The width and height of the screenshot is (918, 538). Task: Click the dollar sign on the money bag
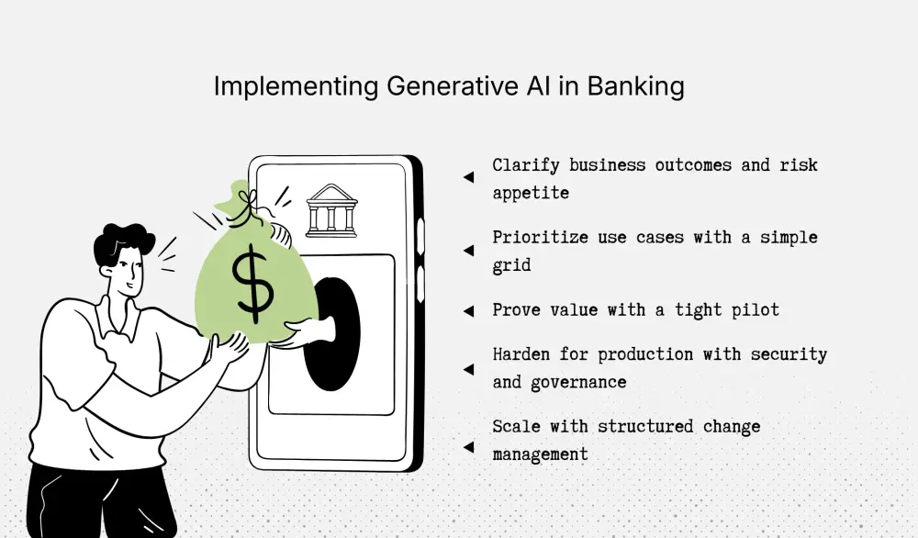[x=252, y=281]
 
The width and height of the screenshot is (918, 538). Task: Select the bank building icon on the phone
[x=331, y=208]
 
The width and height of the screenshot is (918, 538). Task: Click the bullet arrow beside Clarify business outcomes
[x=469, y=178]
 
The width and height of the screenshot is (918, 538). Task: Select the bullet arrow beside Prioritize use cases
[x=469, y=250]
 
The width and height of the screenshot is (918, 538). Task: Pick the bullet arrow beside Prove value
[x=469, y=311]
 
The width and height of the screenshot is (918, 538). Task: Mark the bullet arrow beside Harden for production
[x=469, y=368]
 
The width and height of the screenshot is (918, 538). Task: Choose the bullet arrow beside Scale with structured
[x=469, y=447]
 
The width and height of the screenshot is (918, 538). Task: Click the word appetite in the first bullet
[x=531, y=194]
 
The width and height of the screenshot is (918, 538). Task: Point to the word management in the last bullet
[x=540, y=454]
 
